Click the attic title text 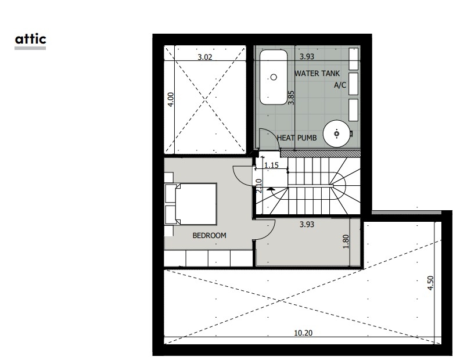click(x=31, y=39)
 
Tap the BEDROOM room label click(x=210, y=236)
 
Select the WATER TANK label click(x=317, y=73)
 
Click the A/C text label click(x=340, y=85)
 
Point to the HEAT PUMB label click(x=297, y=138)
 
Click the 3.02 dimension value click(x=205, y=57)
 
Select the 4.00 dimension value click(x=171, y=100)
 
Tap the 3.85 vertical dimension click(x=291, y=98)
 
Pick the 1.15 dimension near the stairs click(x=272, y=165)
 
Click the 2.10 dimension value click(x=259, y=186)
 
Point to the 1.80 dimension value click(x=346, y=242)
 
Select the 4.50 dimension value click(x=430, y=283)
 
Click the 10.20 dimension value click(x=303, y=333)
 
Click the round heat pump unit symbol click(x=337, y=134)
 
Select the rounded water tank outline click(x=274, y=77)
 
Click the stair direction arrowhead click(x=271, y=189)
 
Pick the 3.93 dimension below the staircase click(x=307, y=225)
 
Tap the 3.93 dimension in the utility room click(x=307, y=57)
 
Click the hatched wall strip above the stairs click(x=321, y=153)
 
